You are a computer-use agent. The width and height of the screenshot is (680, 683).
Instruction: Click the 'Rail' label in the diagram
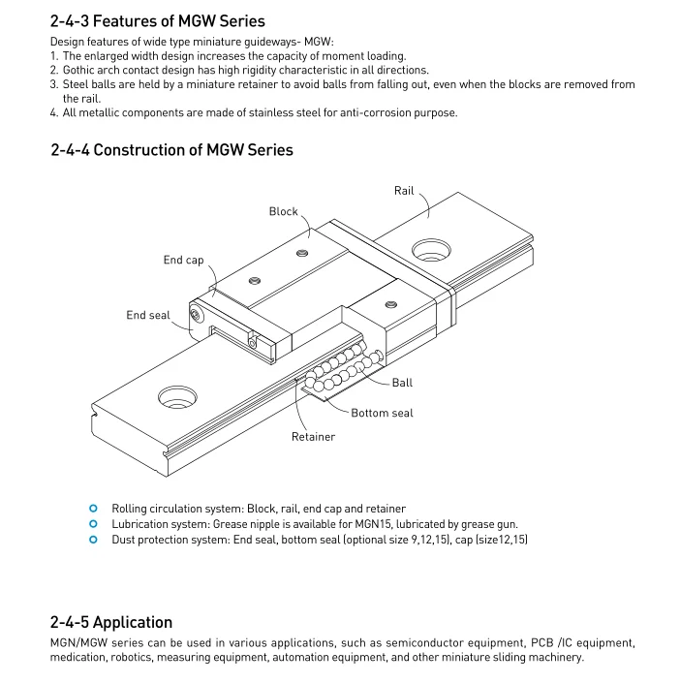tap(404, 191)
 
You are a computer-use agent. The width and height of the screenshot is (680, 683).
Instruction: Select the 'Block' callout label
tap(284, 211)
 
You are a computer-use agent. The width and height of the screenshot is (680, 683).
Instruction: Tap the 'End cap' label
tap(183, 260)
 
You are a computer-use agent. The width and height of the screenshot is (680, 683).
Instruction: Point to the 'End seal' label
tap(148, 315)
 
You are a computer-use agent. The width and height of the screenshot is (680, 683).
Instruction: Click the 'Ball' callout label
tap(402, 383)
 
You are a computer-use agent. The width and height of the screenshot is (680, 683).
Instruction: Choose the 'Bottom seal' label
tap(382, 413)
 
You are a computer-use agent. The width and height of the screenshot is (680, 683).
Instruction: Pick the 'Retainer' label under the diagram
tap(313, 437)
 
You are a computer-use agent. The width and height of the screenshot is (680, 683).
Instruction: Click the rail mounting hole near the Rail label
tap(431, 250)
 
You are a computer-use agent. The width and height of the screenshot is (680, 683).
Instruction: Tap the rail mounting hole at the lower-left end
tap(178, 395)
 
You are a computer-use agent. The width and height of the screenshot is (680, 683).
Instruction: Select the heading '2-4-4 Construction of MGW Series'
tap(171, 149)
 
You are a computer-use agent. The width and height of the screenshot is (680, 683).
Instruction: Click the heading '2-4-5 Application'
tap(111, 622)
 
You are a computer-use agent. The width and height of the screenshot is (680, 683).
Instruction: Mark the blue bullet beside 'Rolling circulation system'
tap(93, 509)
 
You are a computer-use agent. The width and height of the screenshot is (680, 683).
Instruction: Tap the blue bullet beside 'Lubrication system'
tap(93, 524)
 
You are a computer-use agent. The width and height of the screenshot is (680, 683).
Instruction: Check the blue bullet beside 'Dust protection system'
tap(93, 540)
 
